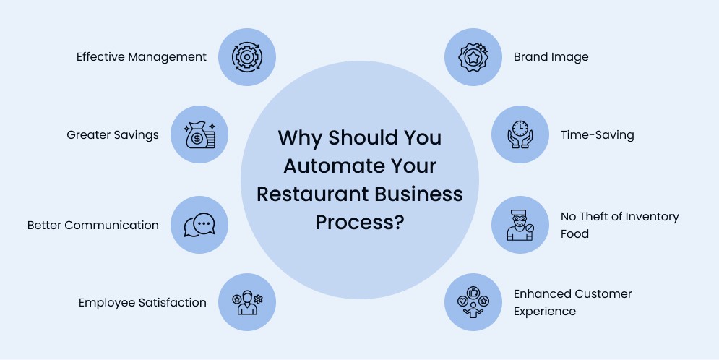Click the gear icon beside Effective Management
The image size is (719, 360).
pyautogui.click(x=247, y=57)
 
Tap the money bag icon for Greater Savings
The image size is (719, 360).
pyautogui.click(x=199, y=135)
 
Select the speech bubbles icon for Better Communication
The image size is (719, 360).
pyautogui.click(x=199, y=225)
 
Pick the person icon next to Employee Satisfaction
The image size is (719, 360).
pyautogui.click(x=247, y=302)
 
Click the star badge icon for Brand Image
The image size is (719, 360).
pyautogui.click(x=472, y=57)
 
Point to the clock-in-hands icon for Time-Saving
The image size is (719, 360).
pyautogui.click(x=520, y=135)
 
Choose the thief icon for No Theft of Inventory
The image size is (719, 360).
pyautogui.click(x=520, y=225)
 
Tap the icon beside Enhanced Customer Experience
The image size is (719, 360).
pyautogui.click(x=472, y=302)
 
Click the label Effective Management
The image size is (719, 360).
pyautogui.click(x=142, y=57)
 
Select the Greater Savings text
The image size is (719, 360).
pyautogui.click(x=113, y=135)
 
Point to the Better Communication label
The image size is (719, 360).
pyautogui.click(x=93, y=225)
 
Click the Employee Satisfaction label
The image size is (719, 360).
pyautogui.click(x=142, y=303)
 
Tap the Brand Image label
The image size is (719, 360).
pyautogui.click(x=551, y=57)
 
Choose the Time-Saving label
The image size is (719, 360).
pyautogui.click(x=597, y=135)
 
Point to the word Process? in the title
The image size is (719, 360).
pyautogui.click(x=359, y=222)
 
